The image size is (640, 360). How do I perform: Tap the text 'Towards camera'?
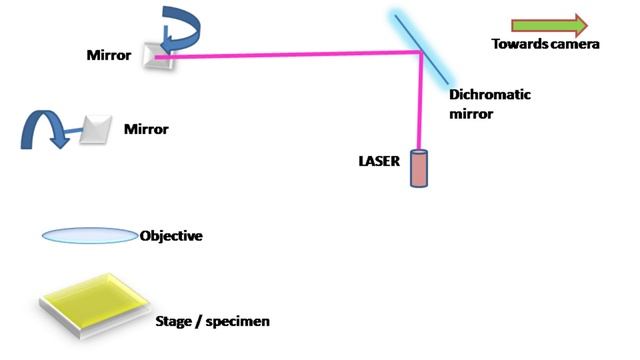(x=545, y=44)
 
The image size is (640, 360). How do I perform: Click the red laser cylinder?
(x=418, y=168)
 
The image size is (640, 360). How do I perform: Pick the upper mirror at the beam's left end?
(x=160, y=56)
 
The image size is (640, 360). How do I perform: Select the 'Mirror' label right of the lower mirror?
(x=146, y=130)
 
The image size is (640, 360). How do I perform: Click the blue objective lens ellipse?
(x=89, y=236)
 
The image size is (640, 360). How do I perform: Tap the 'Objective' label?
(x=171, y=236)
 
